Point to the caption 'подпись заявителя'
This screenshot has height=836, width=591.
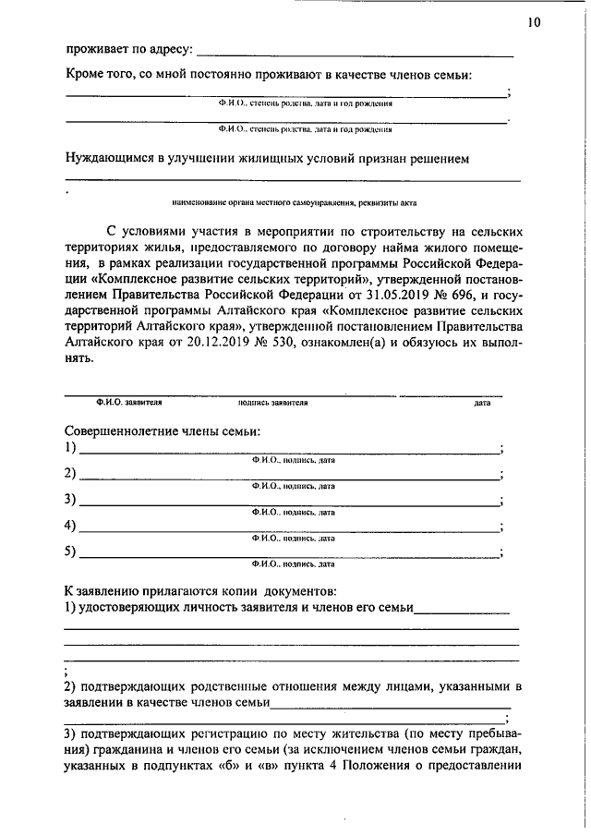[272, 403]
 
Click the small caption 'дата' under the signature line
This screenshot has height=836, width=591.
[482, 403]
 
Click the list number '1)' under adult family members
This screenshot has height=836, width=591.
[70, 448]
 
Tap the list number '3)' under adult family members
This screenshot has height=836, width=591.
[70, 500]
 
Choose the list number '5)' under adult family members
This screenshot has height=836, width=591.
[70, 552]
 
